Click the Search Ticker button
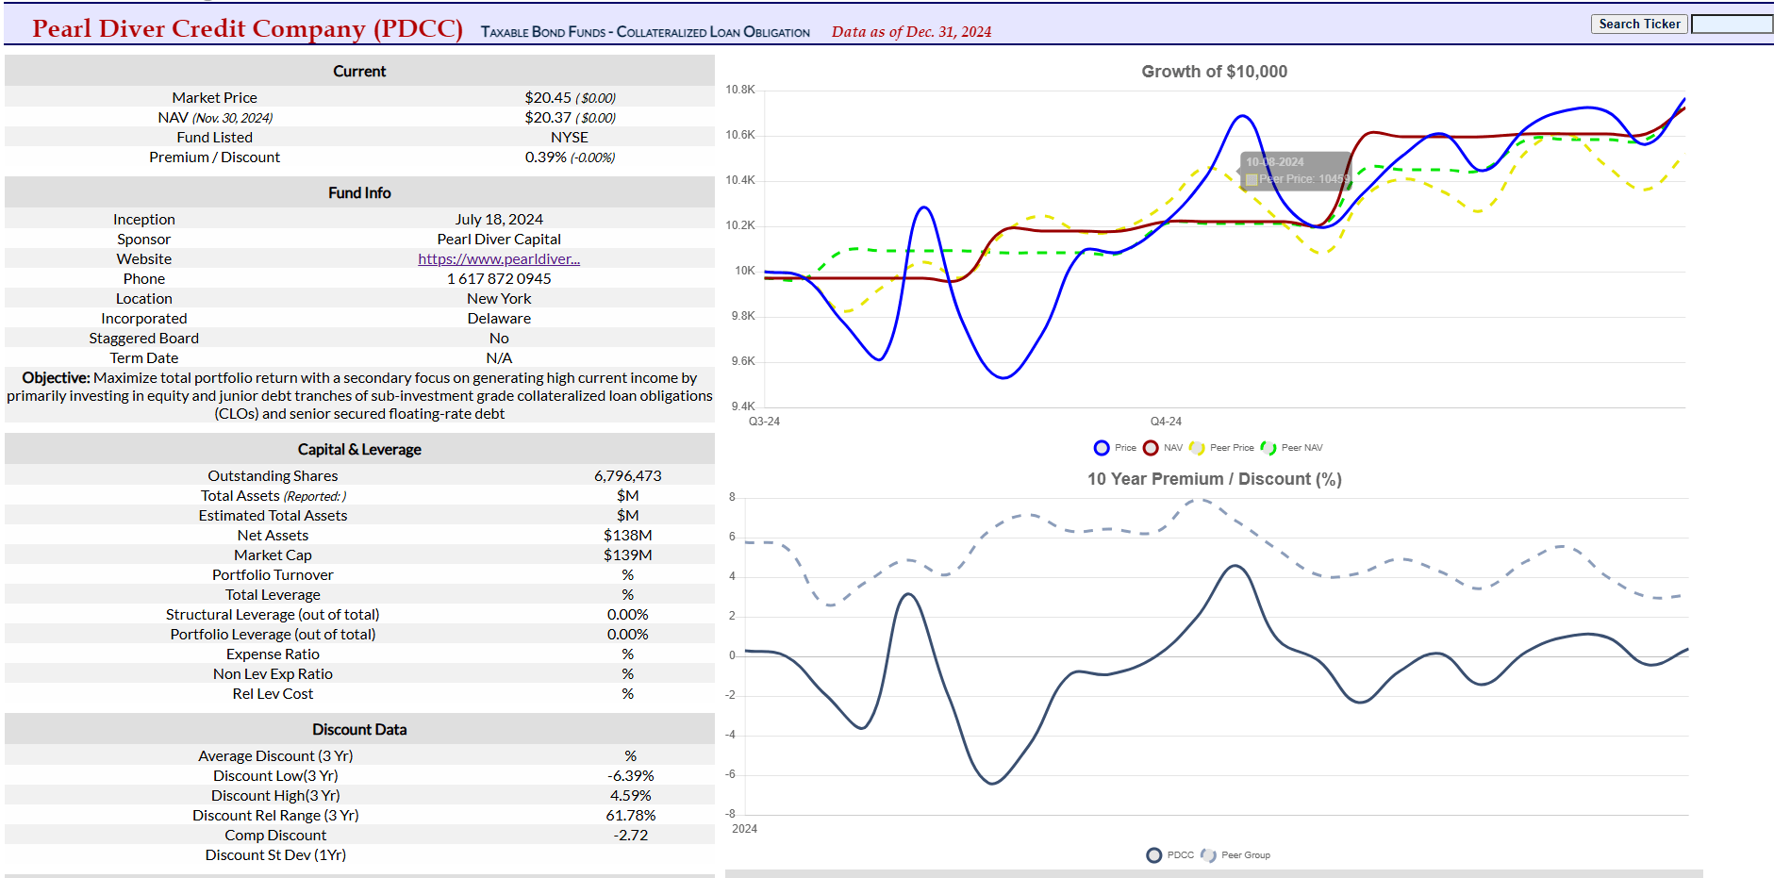[x=1639, y=24]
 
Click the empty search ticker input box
[x=1732, y=25]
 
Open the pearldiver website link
[x=499, y=259]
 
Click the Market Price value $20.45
[x=548, y=98]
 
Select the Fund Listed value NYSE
[x=569, y=138]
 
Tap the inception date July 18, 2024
[x=499, y=220]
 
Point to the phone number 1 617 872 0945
[x=499, y=279]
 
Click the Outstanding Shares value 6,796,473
[x=627, y=476]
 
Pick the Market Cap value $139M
[x=627, y=555]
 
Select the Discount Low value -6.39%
[x=630, y=776]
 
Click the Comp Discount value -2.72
[x=630, y=836]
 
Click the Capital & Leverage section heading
[x=359, y=450]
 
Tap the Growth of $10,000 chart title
[x=1214, y=72]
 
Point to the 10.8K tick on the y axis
[x=740, y=90]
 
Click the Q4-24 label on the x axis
[x=1166, y=422]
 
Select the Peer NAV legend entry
[x=1293, y=448]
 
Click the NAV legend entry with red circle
[x=1163, y=448]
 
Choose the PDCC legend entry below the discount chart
[x=1170, y=855]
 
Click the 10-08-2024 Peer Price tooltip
[x=1296, y=171]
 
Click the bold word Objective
[x=56, y=378]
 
